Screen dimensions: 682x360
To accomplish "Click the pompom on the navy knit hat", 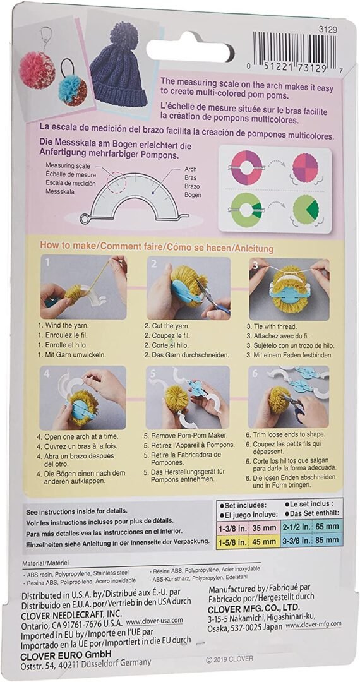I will (127, 37).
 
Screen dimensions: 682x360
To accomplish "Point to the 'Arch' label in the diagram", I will (190, 169).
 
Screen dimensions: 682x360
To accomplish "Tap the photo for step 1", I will (83, 287).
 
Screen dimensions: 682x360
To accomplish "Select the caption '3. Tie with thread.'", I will (280, 326).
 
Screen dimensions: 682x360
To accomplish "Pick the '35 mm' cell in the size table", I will (261, 525).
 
